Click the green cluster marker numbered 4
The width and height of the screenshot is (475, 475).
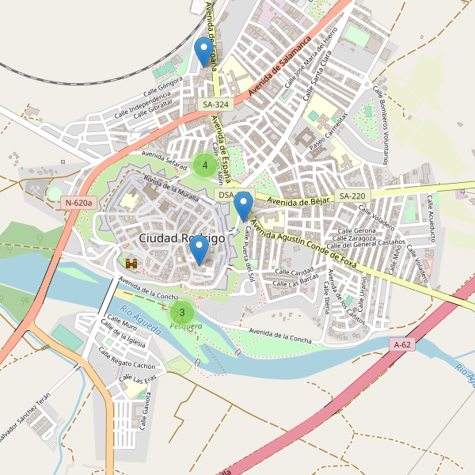(x=205, y=165)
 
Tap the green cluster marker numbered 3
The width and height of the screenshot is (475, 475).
(x=182, y=312)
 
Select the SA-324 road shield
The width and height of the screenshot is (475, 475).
(x=215, y=104)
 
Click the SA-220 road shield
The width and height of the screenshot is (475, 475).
(x=352, y=196)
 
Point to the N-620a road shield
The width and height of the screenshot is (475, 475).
(x=79, y=203)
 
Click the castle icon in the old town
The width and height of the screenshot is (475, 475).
(x=131, y=261)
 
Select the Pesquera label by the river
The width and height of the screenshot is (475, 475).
(x=186, y=326)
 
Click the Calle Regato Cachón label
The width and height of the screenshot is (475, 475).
(x=127, y=360)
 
